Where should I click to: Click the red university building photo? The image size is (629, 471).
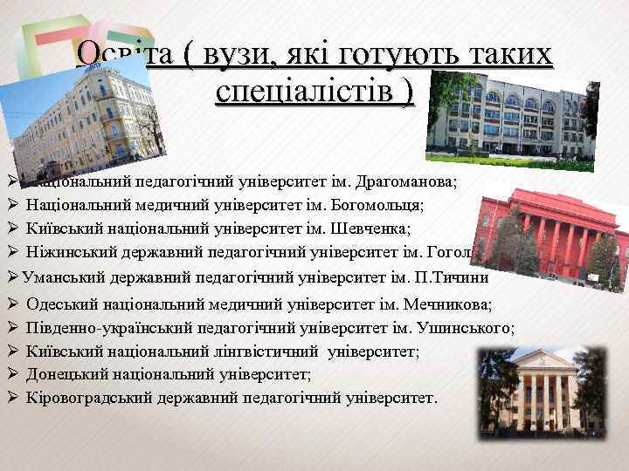[550, 235]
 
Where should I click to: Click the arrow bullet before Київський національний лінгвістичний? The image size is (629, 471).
[13, 352]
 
